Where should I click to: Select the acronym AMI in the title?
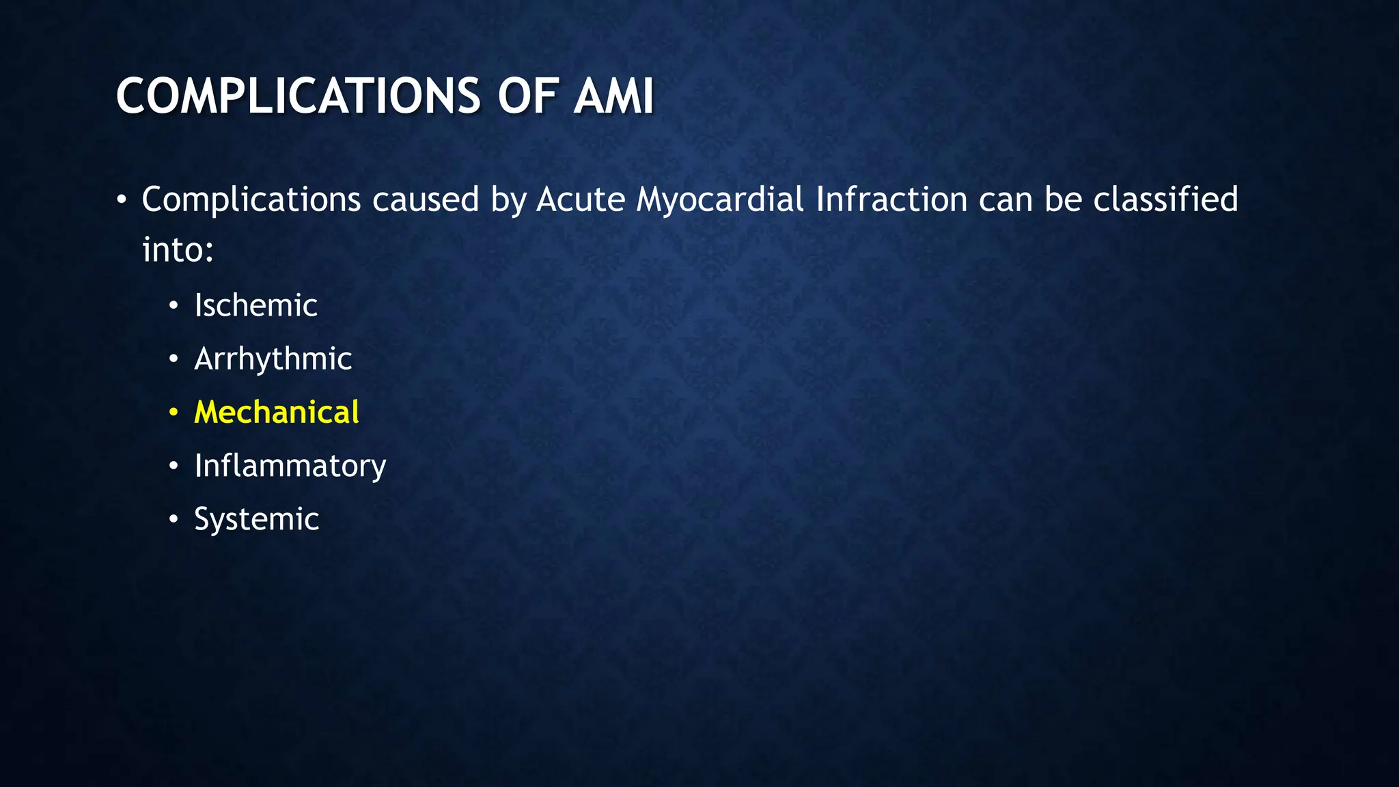click(613, 96)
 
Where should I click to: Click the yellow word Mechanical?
click(276, 412)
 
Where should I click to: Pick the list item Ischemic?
click(255, 305)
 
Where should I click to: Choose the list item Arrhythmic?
click(273, 359)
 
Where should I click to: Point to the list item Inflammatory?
click(290, 466)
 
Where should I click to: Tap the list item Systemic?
click(256, 519)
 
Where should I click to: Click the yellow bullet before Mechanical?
click(174, 413)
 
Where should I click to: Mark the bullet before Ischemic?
click(174, 306)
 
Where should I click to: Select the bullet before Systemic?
click(174, 520)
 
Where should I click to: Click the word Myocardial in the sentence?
click(720, 200)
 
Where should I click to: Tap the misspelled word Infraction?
click(891, 200)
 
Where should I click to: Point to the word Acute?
click(581, 200)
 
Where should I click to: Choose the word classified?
click(1165, 200)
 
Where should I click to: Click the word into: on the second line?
click(178, 250)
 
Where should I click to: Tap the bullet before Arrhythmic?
click(174, 359)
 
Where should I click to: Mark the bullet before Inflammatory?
click(174, 467)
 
